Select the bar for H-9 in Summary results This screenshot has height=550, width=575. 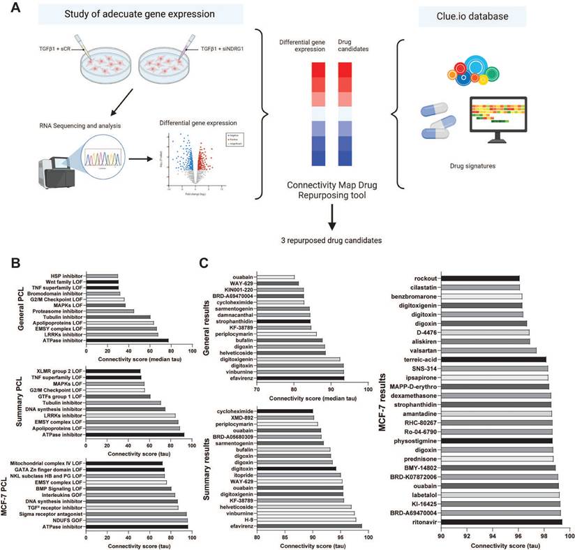coord(306,519)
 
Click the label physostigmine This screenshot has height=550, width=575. coord(416,440)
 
